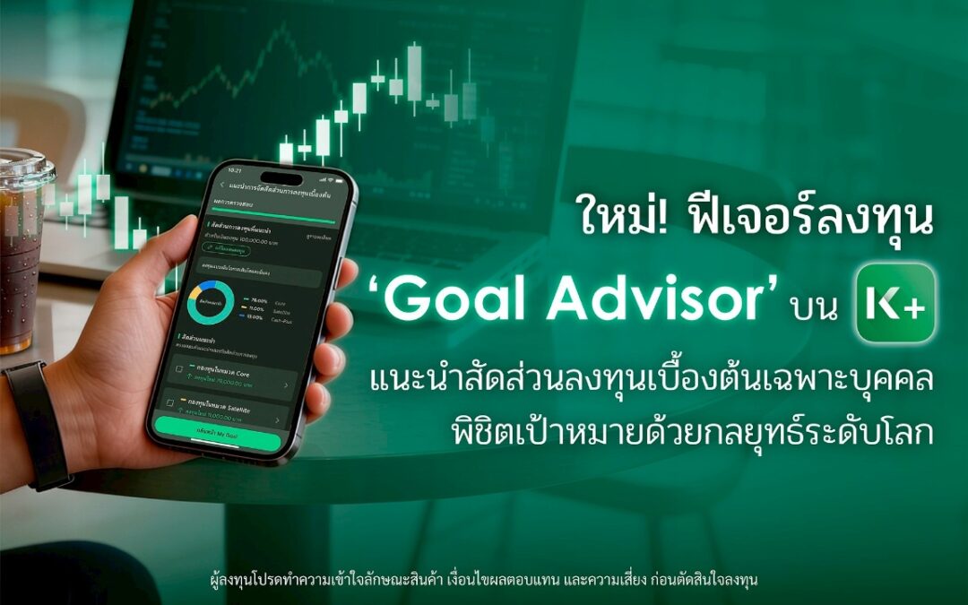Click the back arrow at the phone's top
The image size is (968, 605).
coord(222,185)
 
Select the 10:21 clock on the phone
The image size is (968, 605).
coord(235,169)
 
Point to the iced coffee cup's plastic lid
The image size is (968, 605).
coord(22,166)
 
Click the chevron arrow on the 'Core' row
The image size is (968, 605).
coord(286,385)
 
